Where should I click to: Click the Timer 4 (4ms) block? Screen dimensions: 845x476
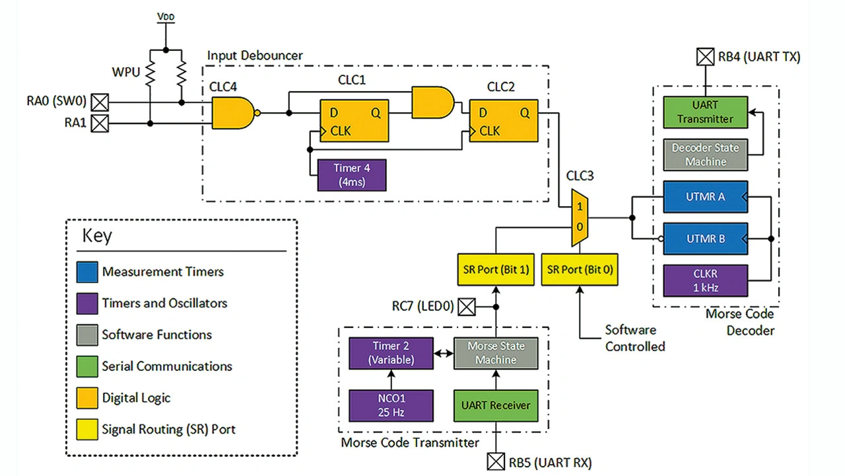[x=352, y=175]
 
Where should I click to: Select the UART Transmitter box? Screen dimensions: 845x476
[x=705, y=112]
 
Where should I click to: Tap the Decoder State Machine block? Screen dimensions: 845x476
[x=705, y=154]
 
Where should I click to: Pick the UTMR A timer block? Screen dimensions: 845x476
[x=705, y=197]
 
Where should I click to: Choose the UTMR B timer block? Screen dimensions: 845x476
[x=705, y=239]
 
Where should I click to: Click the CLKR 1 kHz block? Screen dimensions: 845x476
[x=705, y=281]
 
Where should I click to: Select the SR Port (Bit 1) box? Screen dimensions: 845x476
[x=496, y=269]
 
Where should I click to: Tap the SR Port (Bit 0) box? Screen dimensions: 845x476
[x=580, y=269]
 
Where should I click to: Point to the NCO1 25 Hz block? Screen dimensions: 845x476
[x=391, y=405]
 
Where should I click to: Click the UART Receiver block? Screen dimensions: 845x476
[x=496, y=405]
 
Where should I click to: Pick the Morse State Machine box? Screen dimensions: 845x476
[x=496, y=353]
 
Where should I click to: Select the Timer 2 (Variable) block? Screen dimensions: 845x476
[x=391, y=353]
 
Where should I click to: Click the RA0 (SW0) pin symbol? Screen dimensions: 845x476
[x=100, y=102]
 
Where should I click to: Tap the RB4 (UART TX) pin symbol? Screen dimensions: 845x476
[x=705, y=57]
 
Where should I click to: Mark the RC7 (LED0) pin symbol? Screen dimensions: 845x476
[x=467, y=306]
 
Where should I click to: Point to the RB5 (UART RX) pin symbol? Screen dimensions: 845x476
[x=496, y=461]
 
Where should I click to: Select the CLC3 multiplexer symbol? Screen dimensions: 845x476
[x=580, y=218]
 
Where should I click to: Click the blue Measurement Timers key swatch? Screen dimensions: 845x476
[x=87, y=272]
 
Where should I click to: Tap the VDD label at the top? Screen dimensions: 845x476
[x=166, y=17]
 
